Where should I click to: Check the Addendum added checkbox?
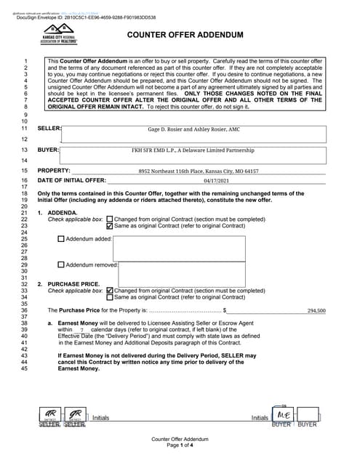(x=61, y=238)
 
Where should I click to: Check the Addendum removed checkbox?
(x=61, y=265)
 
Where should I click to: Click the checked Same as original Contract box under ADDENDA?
(x=110, y=225)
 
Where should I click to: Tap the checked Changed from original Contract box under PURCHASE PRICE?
(x=110, y=291)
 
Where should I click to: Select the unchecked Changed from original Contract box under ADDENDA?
(x=110, y=219)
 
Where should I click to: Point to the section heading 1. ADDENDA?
(x=60, y=212)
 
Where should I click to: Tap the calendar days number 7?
(x=82, y=330)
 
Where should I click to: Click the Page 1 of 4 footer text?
(x=180, y=445)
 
